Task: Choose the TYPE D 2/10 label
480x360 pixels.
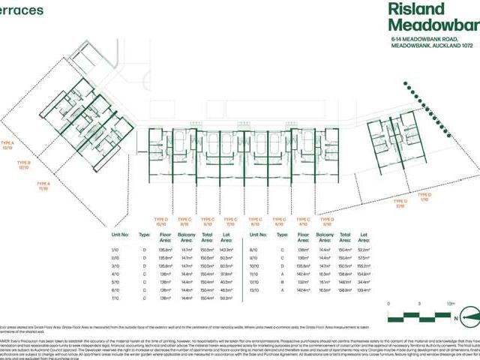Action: click(x=400, y=202)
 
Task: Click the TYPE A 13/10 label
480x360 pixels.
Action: click(x=8, y=142)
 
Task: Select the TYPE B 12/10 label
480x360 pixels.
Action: click(x=24, y=164)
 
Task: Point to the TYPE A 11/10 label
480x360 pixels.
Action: click(x=43, y=186)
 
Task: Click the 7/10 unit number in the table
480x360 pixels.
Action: click(x=115, y=298)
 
